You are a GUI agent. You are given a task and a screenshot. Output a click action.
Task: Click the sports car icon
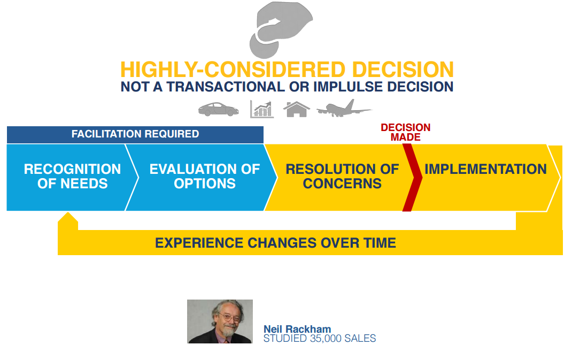pos(218,109)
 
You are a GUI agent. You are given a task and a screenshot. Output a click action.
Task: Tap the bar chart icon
pos(262,109)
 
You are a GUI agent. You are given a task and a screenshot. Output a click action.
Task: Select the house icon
pos(297,109)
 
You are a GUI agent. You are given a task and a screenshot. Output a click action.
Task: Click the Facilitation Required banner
pos(135,134)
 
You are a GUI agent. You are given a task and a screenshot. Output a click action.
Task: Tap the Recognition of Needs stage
pos(69,177)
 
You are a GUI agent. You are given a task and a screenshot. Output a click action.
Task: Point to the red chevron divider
pos(412,178)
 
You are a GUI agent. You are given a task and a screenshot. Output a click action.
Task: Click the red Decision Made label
pos(406,132)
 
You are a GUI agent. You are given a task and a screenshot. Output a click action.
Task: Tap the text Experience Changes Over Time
pos(275,243)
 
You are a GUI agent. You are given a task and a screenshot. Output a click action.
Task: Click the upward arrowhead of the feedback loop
pos(68,218)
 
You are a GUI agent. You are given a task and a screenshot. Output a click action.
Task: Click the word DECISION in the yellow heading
pos(403,70)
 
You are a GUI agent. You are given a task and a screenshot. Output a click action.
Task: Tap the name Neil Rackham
pos(297,329)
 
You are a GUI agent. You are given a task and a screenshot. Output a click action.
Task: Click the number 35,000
pos(326,339)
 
